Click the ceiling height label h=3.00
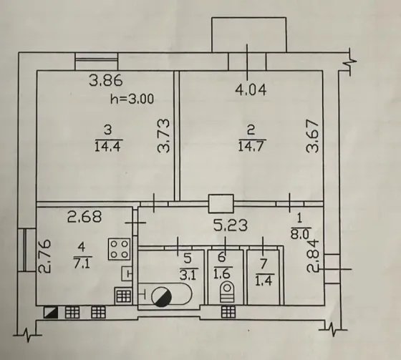point(132,99)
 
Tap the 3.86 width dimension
point(106,80)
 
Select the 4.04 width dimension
point(251,90)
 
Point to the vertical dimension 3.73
point(164,136)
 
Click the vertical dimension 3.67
point(313,136)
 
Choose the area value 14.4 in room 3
point(107,147)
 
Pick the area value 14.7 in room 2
point(251,147)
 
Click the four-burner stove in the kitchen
point(119,249)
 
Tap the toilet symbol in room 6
point(227,291)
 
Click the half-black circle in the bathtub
point(162,297)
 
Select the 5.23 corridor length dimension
point(231,225)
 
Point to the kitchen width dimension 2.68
point(84,217)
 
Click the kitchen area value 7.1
point(82,263)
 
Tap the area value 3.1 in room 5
point(188,275)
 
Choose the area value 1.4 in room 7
point(264,281)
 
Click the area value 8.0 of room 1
point(301,234)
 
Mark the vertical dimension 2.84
point(313,256)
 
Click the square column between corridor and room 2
point(221,203)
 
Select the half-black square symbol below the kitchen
point(51,312)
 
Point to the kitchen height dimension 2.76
point(44,256)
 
